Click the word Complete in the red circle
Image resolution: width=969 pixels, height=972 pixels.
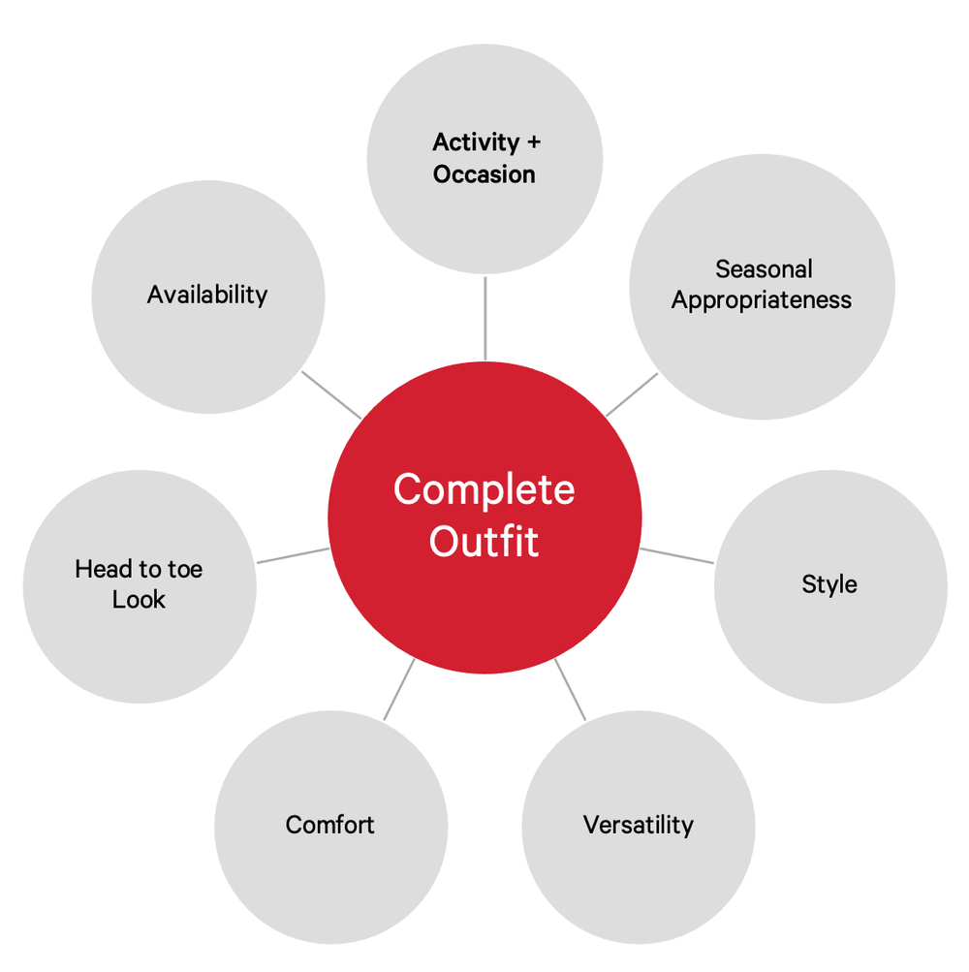[484, 490]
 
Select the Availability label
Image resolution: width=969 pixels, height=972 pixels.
[207, 294]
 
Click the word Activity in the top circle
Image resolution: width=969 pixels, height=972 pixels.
[476, 142]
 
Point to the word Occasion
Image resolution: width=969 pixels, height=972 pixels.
[484, 174]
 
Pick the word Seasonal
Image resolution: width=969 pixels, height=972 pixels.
[764, 268]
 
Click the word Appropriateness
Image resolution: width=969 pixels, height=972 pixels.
[762, 299]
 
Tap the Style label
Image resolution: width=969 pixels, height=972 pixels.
[829, 584]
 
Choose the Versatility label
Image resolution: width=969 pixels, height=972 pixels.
[639, 825]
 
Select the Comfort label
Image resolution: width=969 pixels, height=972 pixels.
[329, 825]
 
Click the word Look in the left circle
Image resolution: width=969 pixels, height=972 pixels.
[139, 600]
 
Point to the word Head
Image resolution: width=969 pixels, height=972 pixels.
[103, 569]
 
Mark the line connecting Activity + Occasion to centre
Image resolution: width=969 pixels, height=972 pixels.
[484, 318]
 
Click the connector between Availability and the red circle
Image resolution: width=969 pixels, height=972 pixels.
[331, 394]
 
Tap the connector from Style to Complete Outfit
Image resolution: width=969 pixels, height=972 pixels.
[676, 555]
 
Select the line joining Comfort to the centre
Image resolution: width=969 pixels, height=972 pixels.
[399, 689]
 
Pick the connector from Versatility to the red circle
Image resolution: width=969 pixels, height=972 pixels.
[571, 690]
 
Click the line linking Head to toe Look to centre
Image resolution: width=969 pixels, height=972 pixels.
[293, 555]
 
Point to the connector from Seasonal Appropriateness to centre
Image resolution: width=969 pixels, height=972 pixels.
[632, 394]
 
